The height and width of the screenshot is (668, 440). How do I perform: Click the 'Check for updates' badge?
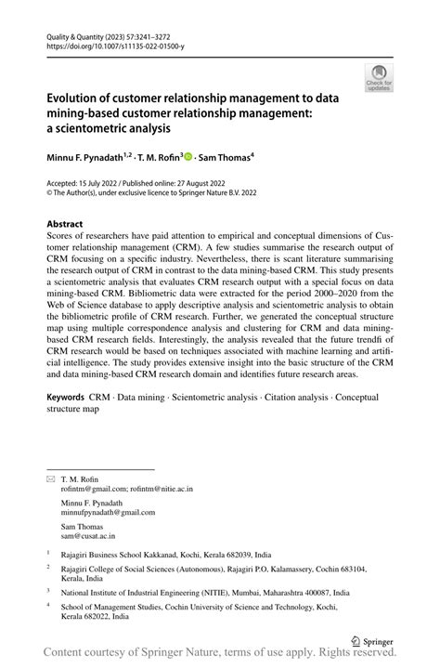pyautogui.click(x=380, y=77)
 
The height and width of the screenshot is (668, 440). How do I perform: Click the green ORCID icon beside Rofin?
pyautogui.click(x=188, y=158)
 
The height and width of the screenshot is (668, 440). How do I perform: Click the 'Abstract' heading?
pyautogui.click(x=68, y=224)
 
